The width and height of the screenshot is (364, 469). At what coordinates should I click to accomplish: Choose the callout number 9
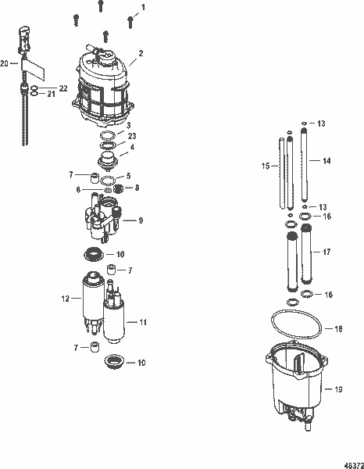tap(141, 221)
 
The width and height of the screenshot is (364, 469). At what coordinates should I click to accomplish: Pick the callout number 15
tap(264, 166)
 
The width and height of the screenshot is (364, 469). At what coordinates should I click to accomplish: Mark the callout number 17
tap(327, 252)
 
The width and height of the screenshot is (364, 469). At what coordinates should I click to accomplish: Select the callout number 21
tap(53, 95)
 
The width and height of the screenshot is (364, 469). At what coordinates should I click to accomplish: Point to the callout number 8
tap(137, 188)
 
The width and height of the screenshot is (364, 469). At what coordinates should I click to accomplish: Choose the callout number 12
tap(65, 298)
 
